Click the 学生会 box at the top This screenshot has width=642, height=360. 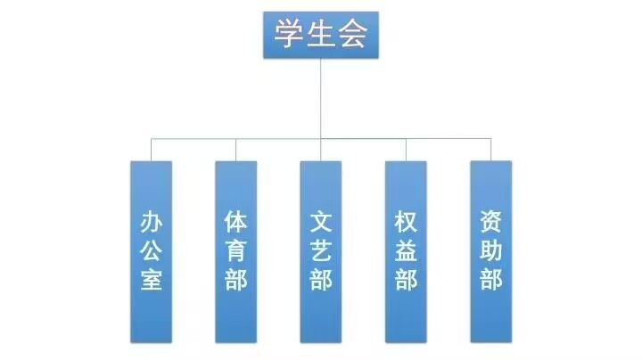click(x=321, y=35)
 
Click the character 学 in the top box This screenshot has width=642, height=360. click(x=289, y=36)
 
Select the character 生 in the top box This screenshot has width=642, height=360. click(x=321, y=36)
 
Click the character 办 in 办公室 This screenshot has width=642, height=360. click(x=151, y=221)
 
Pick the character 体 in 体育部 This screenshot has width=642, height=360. click(x=235, y=220)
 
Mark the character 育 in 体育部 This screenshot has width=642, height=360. click(x=235, y=250)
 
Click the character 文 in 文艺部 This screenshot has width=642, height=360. click(x=321, y=220)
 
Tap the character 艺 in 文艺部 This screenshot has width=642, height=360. click(x=321, y=250)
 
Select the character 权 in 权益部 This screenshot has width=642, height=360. click(x=406, y=220)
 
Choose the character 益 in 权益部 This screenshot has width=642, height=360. click(x=406, y=250)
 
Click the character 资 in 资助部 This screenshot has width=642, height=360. click(x=491, y=220)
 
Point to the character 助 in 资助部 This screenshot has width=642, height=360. click(x=491, y=250)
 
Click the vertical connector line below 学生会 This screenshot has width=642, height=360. click(x=321, y=98)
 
